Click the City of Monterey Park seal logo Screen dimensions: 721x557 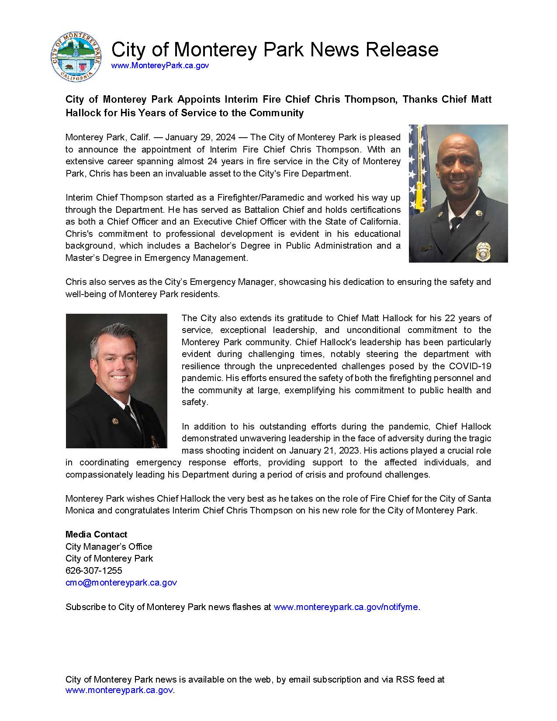[x=76, y=57]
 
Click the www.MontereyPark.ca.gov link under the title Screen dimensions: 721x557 [x=160, y=66]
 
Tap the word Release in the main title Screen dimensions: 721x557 [x=401, y=49]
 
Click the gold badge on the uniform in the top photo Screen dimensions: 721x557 [x=484, y=251]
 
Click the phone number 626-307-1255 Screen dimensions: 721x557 [x=93, y=571]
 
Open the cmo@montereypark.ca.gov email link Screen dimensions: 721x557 [x=121, y=582]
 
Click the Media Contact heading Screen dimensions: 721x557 [x=96, y=534]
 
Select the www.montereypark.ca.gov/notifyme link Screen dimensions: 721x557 [x=346, y=607]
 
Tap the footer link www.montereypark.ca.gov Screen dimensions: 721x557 [x=119, y=690]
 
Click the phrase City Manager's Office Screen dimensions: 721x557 [x=109, y=547]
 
